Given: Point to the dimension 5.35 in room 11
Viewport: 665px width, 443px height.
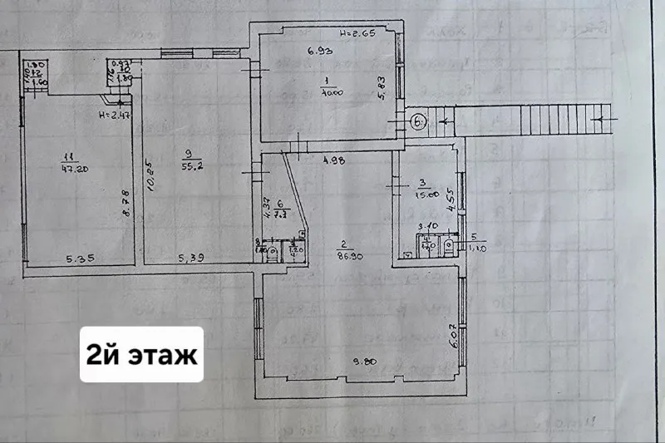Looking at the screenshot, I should click(x=78, y=258).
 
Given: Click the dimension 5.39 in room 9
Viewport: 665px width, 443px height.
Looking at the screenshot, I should click(x=191, y=258).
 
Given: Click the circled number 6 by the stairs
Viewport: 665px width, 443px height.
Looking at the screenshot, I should click(x=418, y=121).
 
